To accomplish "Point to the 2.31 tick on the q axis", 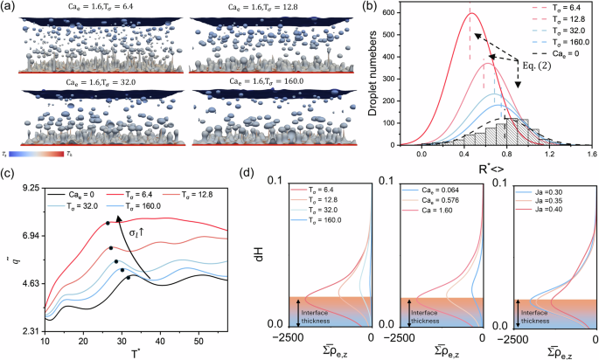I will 28,331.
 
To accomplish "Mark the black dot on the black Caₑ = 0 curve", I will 129,278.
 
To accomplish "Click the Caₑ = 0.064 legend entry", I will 419,188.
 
